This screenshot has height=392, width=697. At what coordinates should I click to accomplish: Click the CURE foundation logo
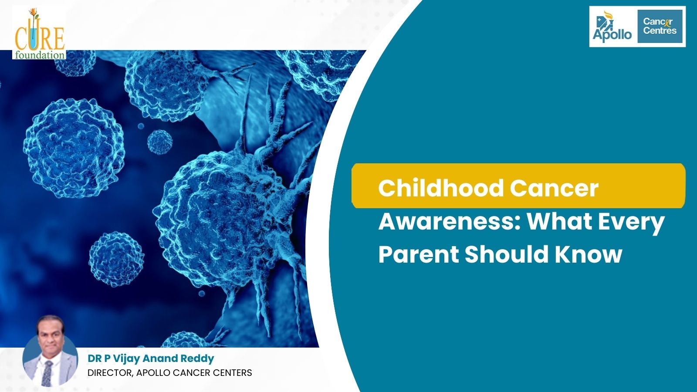click(x=39, y=33)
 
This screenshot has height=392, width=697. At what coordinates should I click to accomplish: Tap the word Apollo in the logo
click(x=612, y=34)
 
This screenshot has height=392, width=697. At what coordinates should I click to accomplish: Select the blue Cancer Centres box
click(x=660, y=27)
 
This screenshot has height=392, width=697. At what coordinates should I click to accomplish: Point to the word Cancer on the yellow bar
click(x=554, y=189)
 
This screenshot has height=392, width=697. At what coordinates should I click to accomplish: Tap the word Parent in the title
click(x=419, y=254)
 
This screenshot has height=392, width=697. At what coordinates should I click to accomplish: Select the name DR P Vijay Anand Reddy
click(x=151, y=358)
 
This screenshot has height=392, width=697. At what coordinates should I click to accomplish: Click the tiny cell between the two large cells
click(x=159, y=142)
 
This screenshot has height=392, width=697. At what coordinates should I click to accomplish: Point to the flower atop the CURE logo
click(x=32, y=13)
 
